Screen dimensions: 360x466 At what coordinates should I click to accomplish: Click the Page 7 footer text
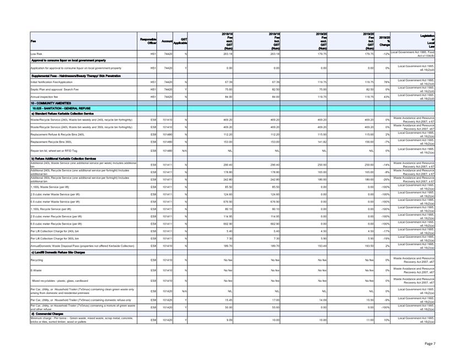pos(430,343)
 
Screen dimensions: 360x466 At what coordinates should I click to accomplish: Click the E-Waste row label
pos(37,270)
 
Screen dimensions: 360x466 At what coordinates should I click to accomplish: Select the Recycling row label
pos(37,259)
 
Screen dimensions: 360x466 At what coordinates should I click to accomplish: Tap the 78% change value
pos(387,82)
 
